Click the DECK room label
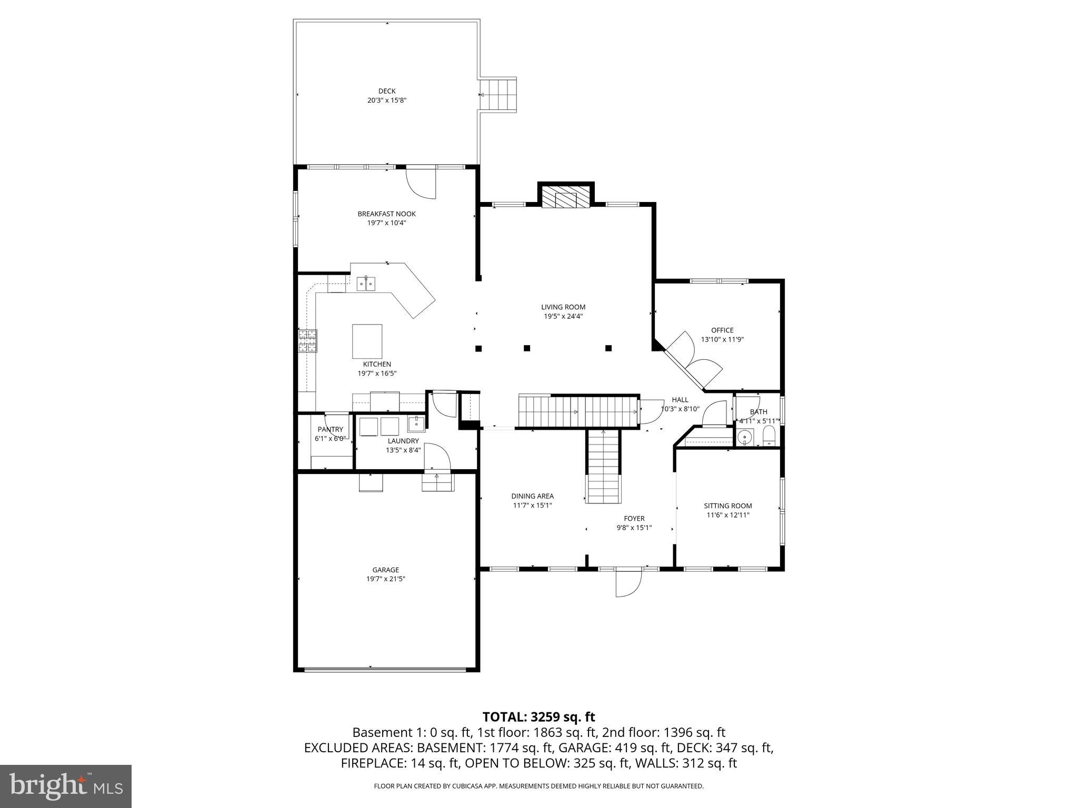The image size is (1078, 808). click(x=386, y=91)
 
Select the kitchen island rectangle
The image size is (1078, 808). click(x=367, y=341)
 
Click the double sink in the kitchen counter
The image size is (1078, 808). click(x=366, y=284)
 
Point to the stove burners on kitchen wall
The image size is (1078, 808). click(x=308, y=340)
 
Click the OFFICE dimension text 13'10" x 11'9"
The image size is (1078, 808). click(x=722, y=339)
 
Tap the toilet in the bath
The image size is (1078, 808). click(x=769, y=436)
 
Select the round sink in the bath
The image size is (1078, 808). click(x=745, y=437)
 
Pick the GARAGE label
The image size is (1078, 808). click(x=385, y=570)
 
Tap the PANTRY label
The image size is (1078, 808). click(x=330, y=429)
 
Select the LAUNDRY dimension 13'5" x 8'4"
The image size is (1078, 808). click(x=403, y=450)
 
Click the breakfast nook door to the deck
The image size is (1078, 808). click(x=421, y=182)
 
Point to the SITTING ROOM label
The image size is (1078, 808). click(x=727, y=506)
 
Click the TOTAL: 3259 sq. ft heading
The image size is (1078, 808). click(x=538, y=716)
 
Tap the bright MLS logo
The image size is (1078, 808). click(x=66, y=786)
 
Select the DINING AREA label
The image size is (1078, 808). click(x=532, y=496)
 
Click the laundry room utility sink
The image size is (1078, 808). click(x=416, y=423)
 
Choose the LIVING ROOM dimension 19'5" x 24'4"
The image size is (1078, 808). click(x=563, y=316)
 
